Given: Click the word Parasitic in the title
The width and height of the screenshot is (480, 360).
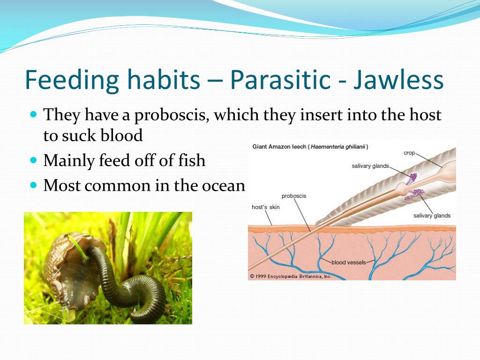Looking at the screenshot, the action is pyautogui.click(x=280, y=80).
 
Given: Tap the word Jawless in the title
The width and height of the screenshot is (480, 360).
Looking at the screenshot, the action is pyautogui.click(x=398, y=80).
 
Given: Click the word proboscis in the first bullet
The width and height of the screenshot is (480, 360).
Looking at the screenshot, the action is pyautogui.click(x=172, y=116).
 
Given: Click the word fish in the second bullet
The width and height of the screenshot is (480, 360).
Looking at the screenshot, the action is pyautogui.click(x=191, y=160).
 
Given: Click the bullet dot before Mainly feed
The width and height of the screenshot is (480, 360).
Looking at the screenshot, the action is pyautogui.click(x=33, y=160).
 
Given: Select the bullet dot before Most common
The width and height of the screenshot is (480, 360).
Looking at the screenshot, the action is pyautogui.click(x=33, y=185).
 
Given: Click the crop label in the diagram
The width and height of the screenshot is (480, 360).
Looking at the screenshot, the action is pyautogui.click(x=409, y=153).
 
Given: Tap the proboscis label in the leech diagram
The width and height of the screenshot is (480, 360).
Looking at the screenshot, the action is pyautogui.click(x=293, y=196).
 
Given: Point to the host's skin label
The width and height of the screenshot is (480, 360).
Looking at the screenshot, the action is pyautogui.click(x=265, y=207).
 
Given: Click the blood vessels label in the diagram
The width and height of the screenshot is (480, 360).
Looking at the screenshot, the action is pyautogui.click(x=349, y=262).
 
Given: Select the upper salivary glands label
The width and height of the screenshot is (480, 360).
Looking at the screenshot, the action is pyautogui.click(x=370, y=166).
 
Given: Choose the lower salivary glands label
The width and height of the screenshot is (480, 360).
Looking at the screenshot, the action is pyautogui.click(x=432, y=216).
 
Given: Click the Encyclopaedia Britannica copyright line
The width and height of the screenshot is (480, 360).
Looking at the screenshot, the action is pyautogui.click(x=291, y=277).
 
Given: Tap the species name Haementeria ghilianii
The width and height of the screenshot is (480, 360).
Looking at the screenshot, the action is pyautogui.click(x=338, y=147).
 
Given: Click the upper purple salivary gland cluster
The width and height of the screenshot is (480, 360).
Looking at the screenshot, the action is pyautogui.click(x=412, y=178).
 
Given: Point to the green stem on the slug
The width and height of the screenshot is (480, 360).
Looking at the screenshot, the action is pyautogui.click(x=78, y=247).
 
